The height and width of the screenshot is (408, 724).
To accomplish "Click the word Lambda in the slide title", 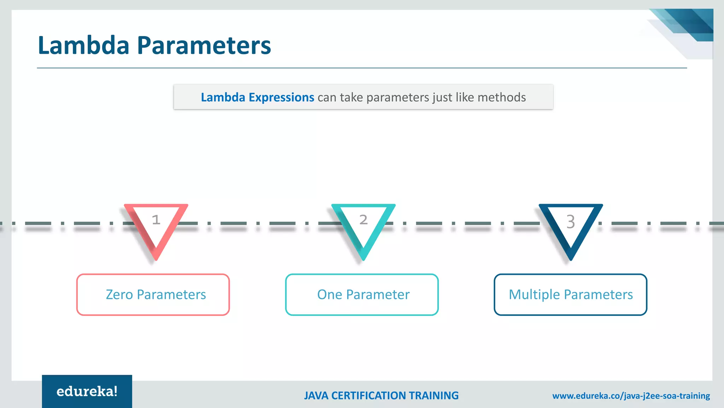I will (84, 45).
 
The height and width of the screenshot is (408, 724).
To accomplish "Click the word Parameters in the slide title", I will (204, 45).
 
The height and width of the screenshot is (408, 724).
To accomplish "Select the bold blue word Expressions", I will (281, 97).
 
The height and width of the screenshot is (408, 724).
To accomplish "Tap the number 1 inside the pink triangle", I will (156, 220).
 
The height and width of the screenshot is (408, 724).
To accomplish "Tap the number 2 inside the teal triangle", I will (363, 220).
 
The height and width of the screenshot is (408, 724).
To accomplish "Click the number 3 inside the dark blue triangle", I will (571, 222).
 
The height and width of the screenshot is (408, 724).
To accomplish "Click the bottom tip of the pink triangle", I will (156, 259).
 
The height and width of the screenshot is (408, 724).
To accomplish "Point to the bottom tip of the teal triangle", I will (363, 259).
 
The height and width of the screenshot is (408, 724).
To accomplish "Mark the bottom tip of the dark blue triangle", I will (571, 259).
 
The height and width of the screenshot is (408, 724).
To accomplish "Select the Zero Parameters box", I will (153, 295).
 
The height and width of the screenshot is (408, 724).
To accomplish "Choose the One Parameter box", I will (362, 295).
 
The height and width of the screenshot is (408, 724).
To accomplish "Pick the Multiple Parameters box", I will (571, 295).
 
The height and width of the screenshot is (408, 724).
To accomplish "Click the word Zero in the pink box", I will (119, 295).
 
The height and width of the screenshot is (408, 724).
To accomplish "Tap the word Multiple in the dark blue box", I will (534, 295).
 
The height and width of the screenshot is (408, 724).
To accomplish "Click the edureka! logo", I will (87, 391).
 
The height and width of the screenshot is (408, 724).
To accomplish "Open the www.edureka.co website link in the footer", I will (631, 396).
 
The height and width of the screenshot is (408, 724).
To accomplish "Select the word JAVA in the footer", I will (316, 396).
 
